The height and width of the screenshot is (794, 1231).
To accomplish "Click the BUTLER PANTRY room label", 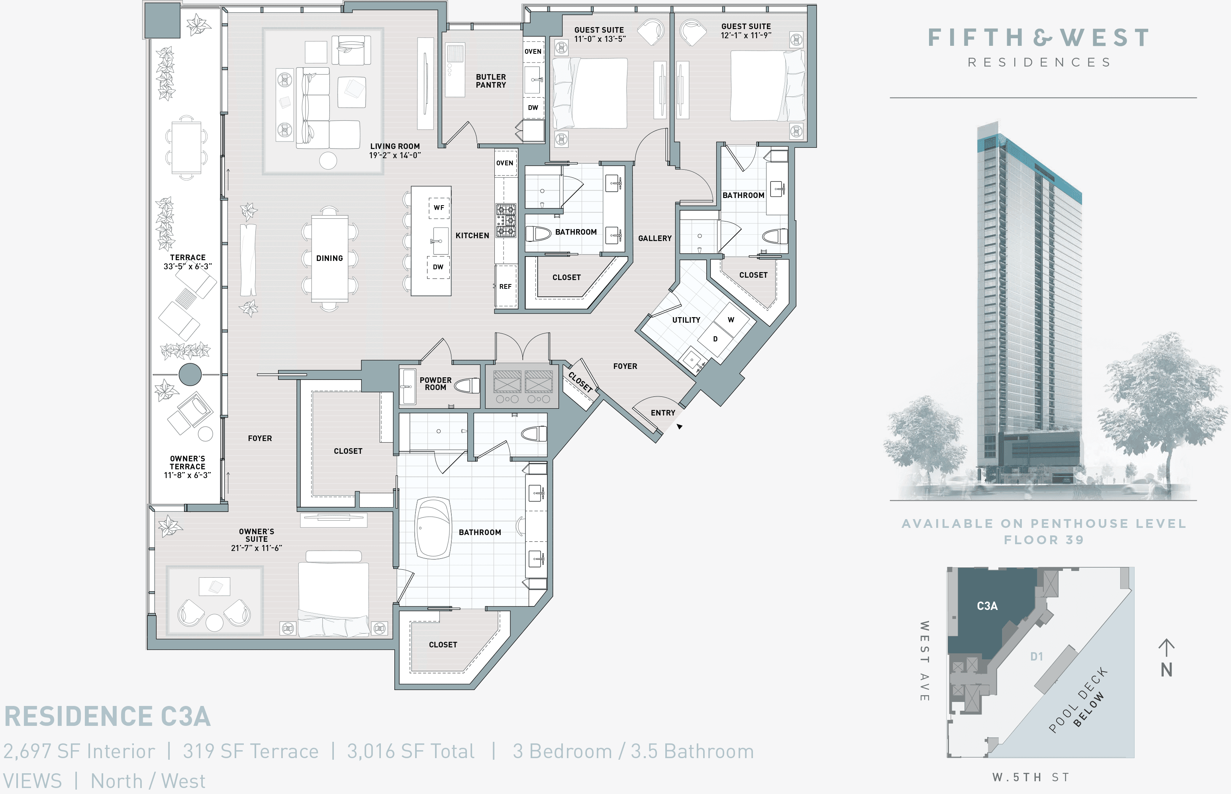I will [490, 81].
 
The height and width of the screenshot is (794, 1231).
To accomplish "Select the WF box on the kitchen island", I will [439, 208].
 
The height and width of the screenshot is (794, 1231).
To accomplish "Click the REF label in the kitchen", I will [505, 287].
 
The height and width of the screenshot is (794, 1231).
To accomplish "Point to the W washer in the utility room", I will [731, 320].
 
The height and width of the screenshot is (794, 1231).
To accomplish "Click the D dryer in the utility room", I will [715, 339].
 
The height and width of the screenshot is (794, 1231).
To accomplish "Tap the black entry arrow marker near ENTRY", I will [679, 426].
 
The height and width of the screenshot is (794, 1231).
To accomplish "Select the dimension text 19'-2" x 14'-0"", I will [394, 155].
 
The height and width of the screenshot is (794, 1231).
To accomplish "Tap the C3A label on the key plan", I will [987, 606].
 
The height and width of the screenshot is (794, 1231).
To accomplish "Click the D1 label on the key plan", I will [1036, 656].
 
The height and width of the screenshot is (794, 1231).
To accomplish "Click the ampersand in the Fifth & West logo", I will [1042, 37].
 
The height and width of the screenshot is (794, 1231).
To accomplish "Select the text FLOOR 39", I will [1043, 540].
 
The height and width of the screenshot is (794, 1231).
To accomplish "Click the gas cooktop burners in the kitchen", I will [506, 221].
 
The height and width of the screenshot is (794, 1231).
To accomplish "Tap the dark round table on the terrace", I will [190, 374].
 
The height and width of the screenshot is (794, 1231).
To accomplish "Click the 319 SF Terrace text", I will [251, 751].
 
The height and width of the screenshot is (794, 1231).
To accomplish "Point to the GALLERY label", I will [655, 238].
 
